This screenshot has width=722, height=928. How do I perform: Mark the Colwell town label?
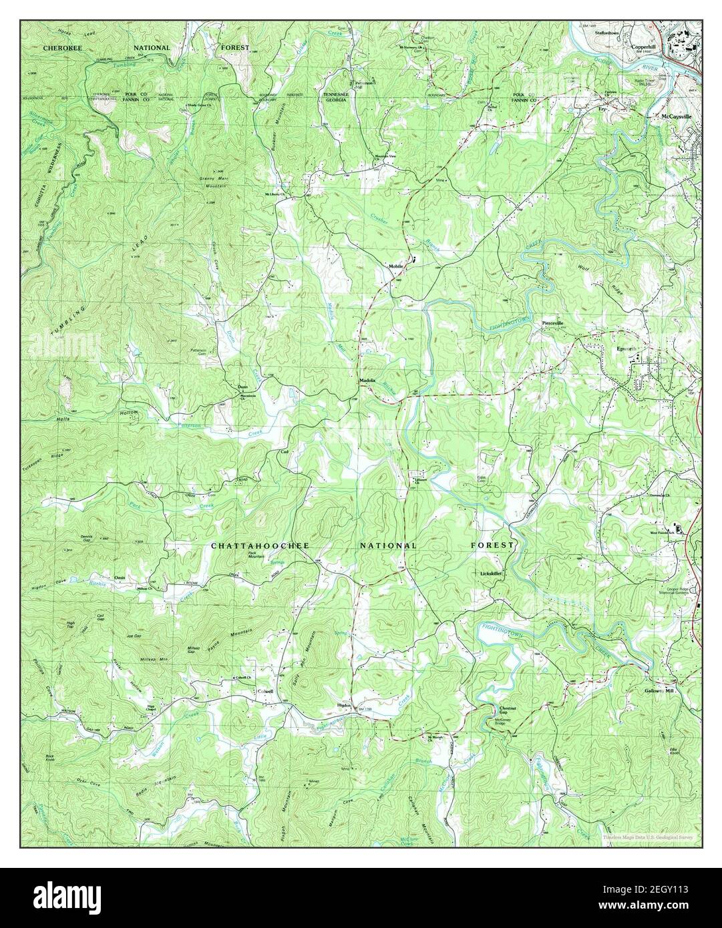[265, 692]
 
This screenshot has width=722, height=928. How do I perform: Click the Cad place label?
[283, 452]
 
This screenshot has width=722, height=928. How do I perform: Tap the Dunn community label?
[242, 387]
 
